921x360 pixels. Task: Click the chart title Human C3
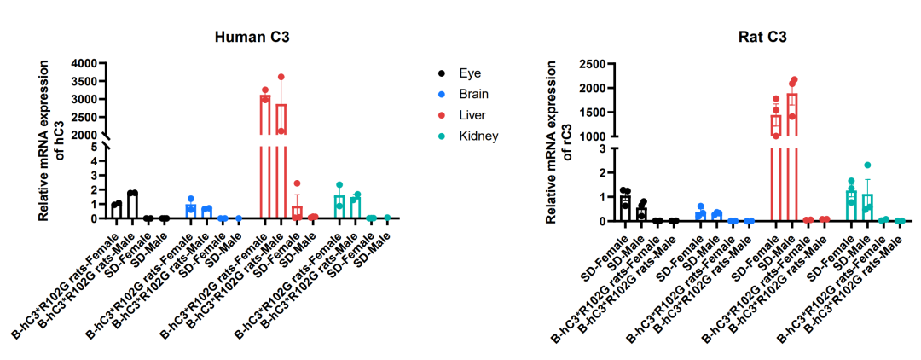coord(252,37)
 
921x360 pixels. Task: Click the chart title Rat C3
coord(762,37)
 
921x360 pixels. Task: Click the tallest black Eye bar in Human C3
coord(133,205)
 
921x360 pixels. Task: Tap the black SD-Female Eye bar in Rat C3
coord(625,208)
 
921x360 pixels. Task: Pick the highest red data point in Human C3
coord(281,77)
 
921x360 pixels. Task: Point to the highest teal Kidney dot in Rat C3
coord(867,165)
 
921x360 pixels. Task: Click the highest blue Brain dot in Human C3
coord(190,199)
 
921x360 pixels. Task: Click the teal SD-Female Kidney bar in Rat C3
coord(851,206)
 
